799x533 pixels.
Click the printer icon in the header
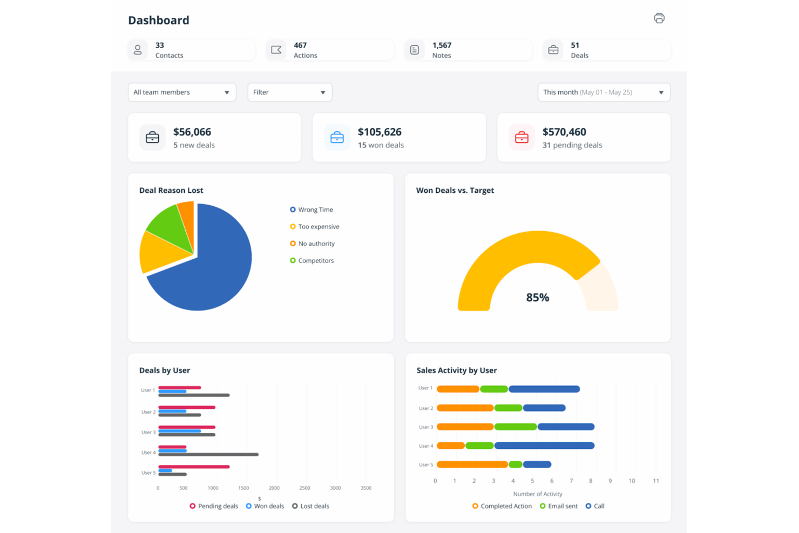tap(659, 18)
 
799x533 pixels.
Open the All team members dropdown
tap(182, 92)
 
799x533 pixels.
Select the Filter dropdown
tap(289, 92)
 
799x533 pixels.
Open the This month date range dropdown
tap(604, 92)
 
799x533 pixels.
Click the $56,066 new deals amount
tap(192, 132)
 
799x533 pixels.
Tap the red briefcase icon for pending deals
tap(522, 138)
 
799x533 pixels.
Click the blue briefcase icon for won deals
tap(337, 138)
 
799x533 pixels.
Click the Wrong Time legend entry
tap(315, 210)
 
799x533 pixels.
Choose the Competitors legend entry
tap(315, 260)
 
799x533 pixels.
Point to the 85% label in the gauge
tap(537, 298)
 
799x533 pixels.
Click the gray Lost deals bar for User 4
tap(208, 455)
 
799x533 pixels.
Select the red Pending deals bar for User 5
tap(194, 467)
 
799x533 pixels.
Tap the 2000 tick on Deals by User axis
tap(274, 488)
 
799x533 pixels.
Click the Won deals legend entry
tap(268, 506)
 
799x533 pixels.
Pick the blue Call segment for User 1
tap(544, 389)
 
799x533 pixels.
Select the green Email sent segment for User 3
tap(516, 427)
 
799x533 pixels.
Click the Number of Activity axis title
tap(537, 494)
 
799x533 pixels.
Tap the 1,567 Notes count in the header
tap(442, 45)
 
